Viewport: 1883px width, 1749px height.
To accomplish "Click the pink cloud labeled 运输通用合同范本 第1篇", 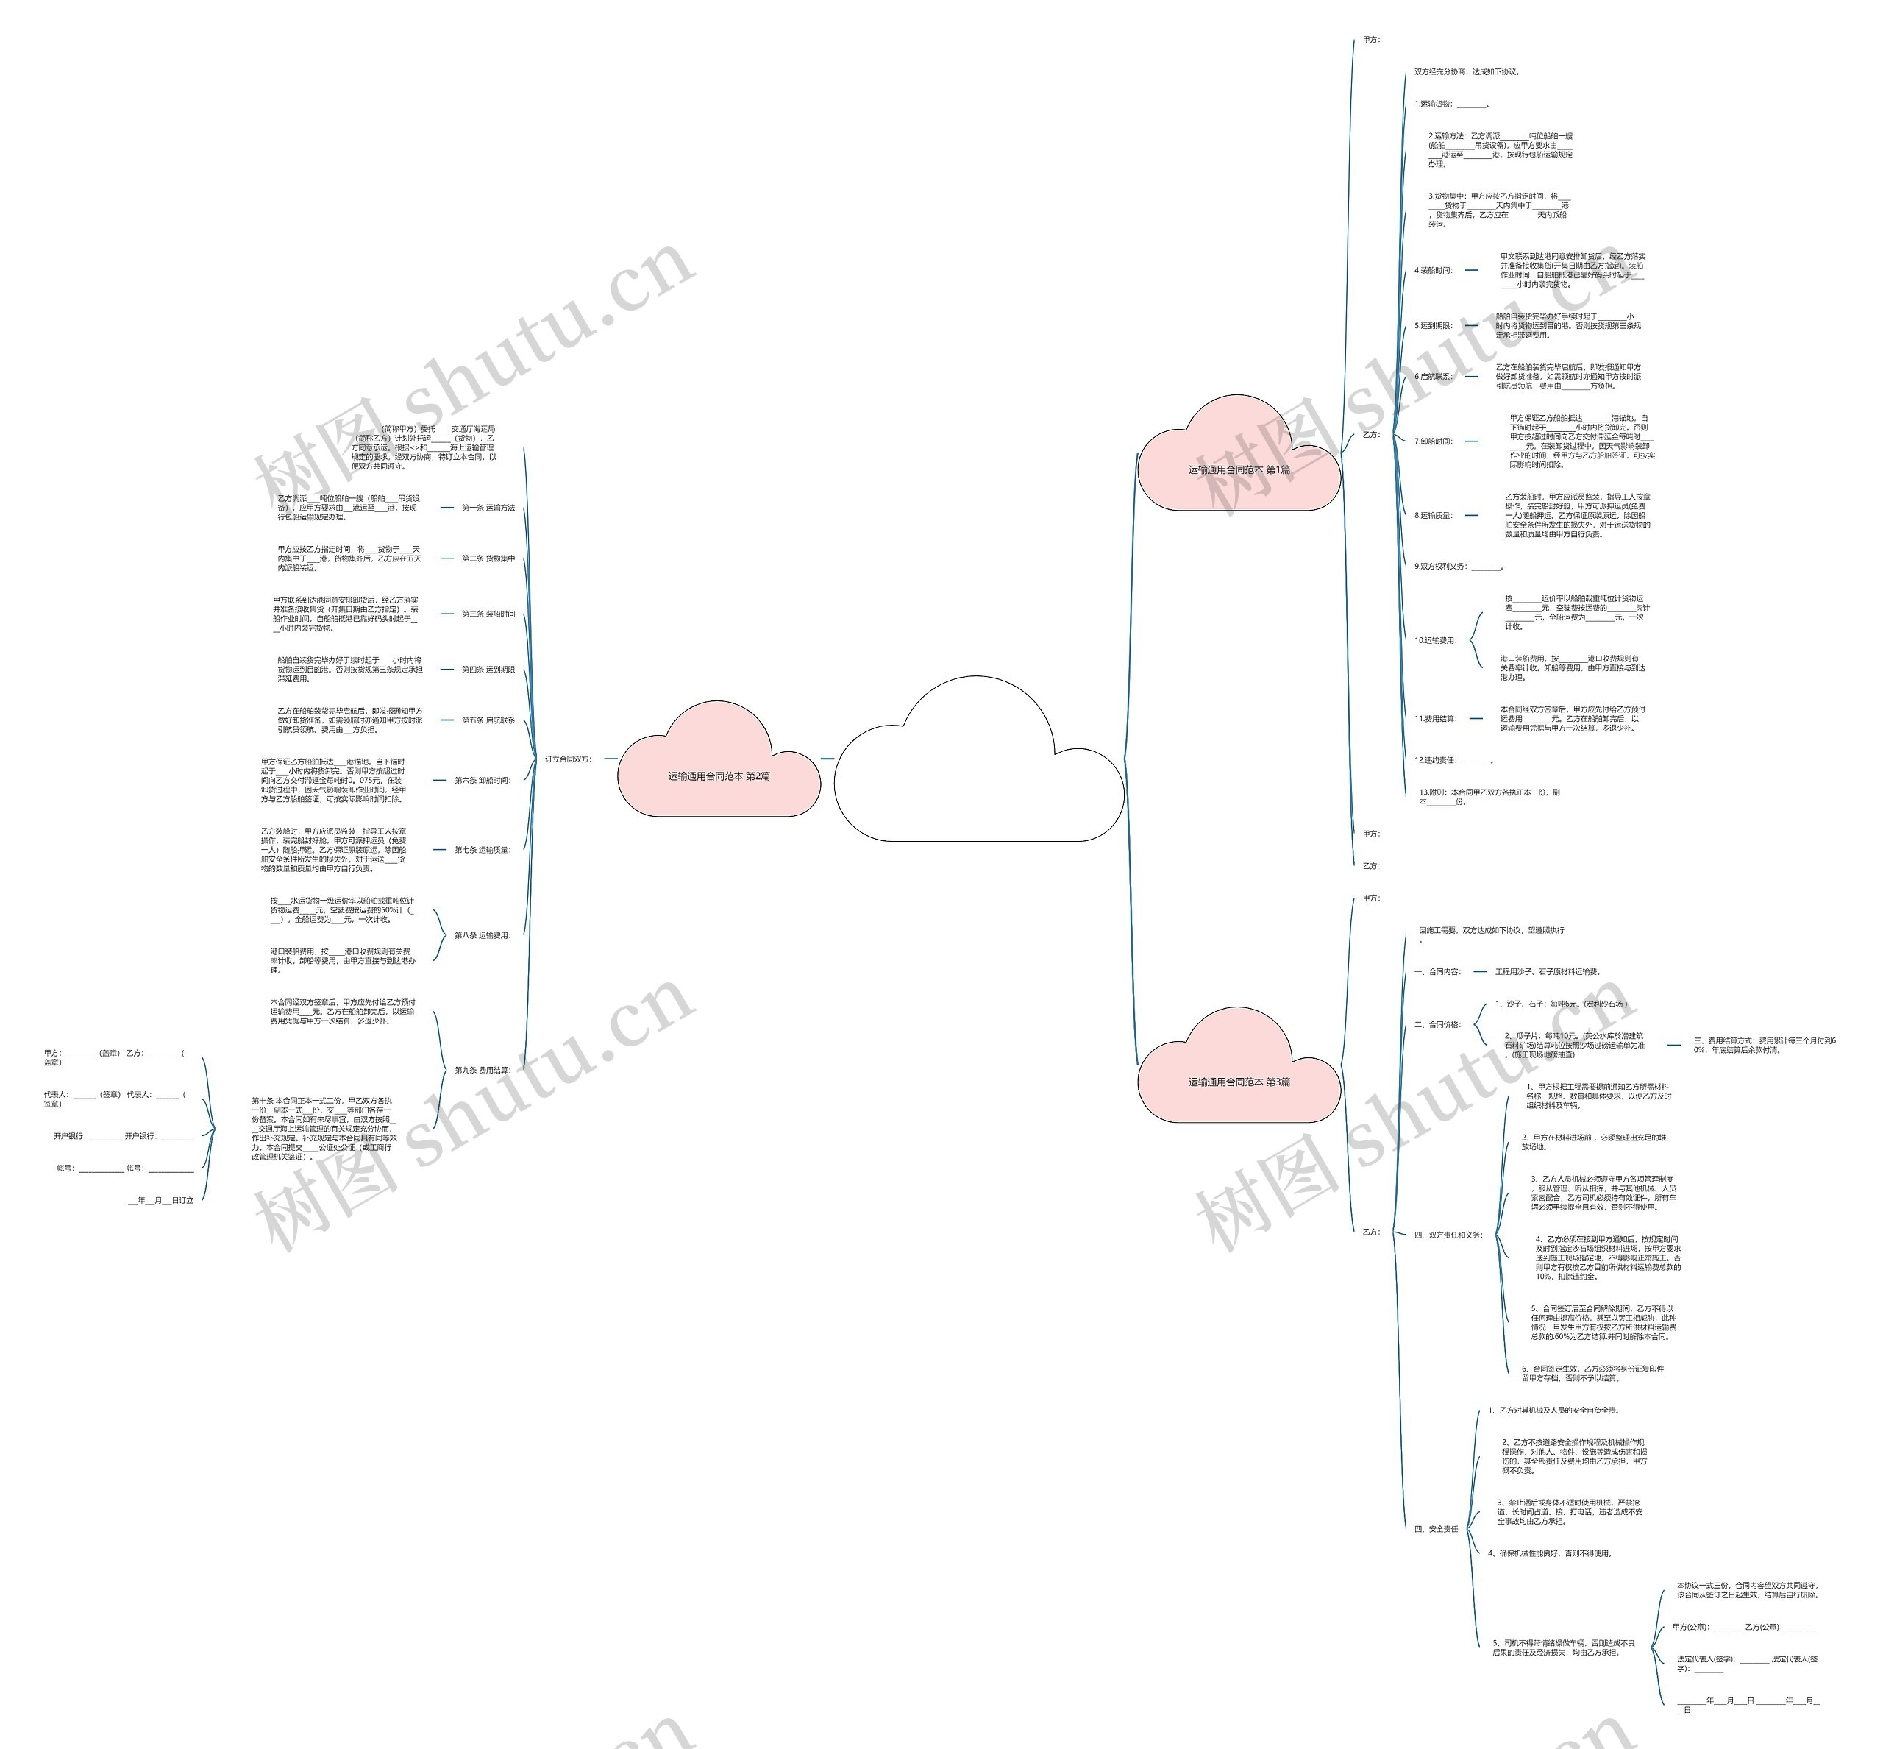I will tap(1239, 469).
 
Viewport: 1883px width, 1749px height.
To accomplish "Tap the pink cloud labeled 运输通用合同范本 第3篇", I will tap(1239, 1081).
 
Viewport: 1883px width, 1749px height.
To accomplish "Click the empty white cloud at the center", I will tap(978, 767).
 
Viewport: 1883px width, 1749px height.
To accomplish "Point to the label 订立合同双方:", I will tap(568, 759).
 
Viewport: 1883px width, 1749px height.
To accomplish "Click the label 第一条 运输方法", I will tap(488, 508).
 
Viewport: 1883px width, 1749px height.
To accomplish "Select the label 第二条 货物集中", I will tap(488, 559).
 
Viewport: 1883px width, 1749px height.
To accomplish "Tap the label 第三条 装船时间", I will tap(488, 614).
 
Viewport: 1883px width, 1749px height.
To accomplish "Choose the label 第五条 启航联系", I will tap(488, 720).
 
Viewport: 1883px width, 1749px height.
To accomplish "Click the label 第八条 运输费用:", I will tap(482, 935).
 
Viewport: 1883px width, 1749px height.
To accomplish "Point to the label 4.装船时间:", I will tap(1434, 271).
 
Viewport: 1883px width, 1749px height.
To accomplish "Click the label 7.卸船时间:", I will tap(1434, 441).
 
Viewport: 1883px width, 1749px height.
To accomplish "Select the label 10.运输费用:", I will tap(1436, 641).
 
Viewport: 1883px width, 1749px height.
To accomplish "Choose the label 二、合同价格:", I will tap(1437, 1024).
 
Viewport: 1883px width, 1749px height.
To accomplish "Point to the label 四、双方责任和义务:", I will tap(1448, 1235).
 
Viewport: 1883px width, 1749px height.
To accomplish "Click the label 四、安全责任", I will tap(1436, 1528).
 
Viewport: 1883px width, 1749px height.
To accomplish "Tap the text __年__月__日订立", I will tap(161, 1200).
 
